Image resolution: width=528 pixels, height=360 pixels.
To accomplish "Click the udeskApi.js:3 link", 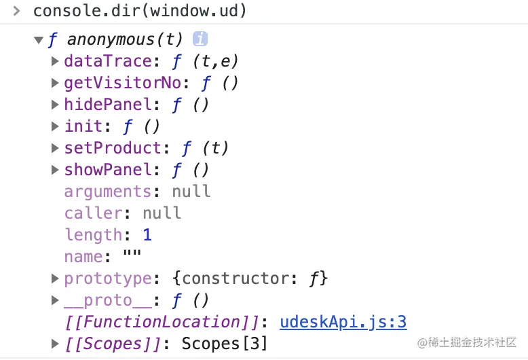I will pos(343,322).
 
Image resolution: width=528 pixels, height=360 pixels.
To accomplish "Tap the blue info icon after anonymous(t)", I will pos(200,39).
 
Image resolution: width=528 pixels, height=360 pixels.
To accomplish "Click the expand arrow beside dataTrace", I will pos(56,61).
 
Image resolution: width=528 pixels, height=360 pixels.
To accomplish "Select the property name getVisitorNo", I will pos(123,83).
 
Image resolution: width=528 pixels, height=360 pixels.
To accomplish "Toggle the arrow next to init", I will pos(56,126).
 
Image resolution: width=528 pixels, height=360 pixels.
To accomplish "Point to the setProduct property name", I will pos(113,148).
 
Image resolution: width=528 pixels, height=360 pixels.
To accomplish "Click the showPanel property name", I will pos(112,170).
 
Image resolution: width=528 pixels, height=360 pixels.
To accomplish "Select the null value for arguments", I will pos(191,192).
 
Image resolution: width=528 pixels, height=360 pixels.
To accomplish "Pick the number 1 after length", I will pos(147,235).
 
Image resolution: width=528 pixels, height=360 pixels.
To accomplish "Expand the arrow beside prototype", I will pos(56,278).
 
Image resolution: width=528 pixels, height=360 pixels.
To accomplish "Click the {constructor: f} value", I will pos(255,278).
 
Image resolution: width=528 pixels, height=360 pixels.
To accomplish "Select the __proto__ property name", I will pos(108,300).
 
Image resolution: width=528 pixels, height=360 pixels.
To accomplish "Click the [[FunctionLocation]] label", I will pos(162,322).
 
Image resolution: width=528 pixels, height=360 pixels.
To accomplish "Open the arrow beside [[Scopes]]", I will pos(56,344).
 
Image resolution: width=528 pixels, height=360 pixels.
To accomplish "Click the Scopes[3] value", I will pos(225,344).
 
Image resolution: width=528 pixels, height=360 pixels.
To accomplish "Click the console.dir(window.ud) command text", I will pos(140,12).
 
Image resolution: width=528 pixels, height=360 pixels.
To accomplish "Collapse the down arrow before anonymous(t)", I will pos(39,39).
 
